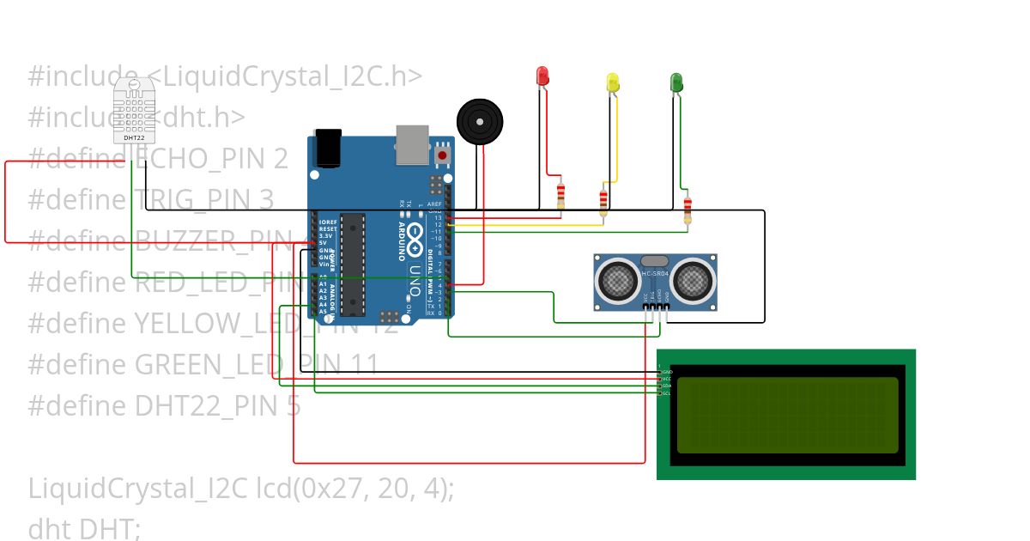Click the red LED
[542, 76]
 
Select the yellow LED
[613, 82]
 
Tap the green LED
[676, 82]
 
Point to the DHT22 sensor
[134, 110]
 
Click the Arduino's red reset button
[443, 155]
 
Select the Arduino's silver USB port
[412, 143]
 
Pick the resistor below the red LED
[560, 195]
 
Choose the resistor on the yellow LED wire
[603, 201]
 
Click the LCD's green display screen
[787, 416]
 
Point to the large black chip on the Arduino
[353, 264]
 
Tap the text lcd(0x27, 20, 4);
[355, 488]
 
